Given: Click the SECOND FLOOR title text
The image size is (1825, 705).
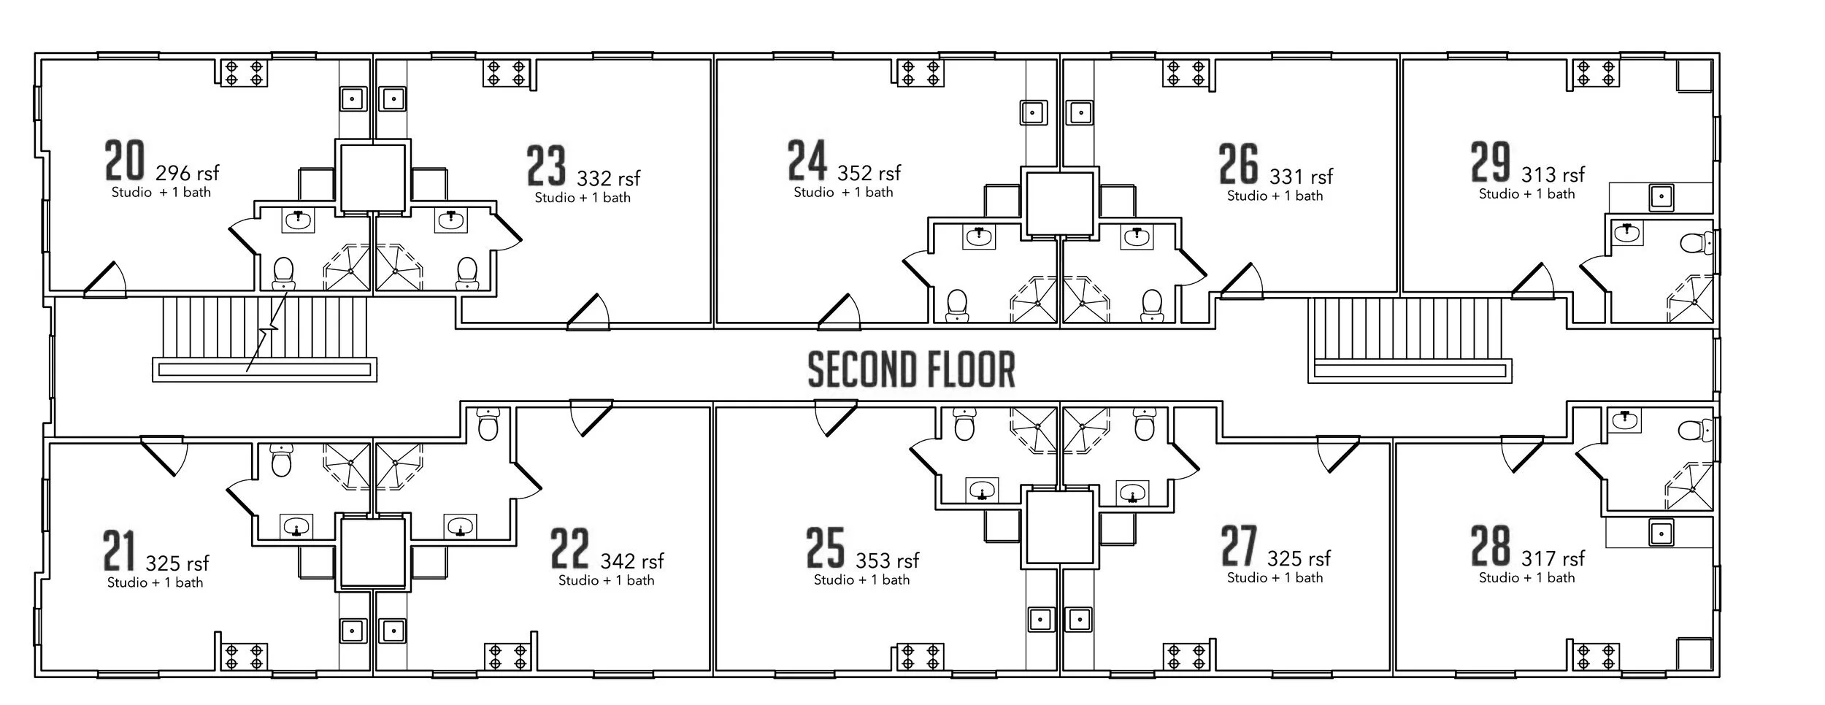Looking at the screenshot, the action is pos(911,369).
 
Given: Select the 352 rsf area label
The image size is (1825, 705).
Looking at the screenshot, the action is pos(869,173).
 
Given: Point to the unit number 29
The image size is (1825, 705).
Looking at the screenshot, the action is pos(1490,162).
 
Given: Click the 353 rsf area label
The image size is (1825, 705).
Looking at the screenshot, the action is pos(887,560).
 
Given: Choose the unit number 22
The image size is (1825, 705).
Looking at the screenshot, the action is pos(569,549).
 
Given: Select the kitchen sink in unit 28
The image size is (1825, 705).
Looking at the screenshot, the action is pos(1661,532).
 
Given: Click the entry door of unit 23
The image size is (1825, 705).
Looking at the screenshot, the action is pos(588,312).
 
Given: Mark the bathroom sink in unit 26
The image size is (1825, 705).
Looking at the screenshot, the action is pos(1136,236).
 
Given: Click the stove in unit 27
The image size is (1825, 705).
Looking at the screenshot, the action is pos(1186,656).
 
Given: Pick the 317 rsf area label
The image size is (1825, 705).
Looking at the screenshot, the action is pos(1553,559).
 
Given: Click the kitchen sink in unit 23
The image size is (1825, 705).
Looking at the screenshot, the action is pos(393,98).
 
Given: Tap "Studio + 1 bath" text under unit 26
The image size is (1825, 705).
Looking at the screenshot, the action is pos(1275,196).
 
